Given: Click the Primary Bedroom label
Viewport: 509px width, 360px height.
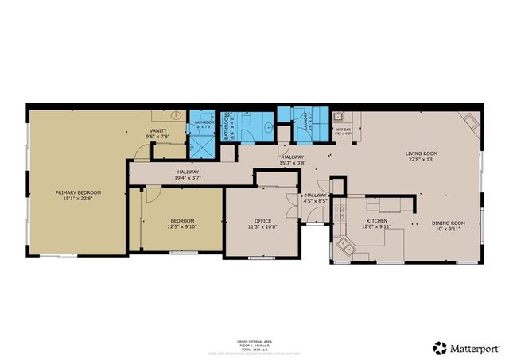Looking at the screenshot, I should click(78, 192).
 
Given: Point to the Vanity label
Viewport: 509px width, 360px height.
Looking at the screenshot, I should click(157, 131).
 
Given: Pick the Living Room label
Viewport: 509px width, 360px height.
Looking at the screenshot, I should click(421, 153).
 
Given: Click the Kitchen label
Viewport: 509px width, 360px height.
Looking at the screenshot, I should click(376, 221).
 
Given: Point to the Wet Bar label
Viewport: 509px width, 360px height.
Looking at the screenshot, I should click(343, 129).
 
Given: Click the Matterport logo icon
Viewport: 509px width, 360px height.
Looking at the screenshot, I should click(439, 347).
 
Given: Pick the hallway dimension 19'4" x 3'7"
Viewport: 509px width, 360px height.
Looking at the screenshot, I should click(188, 178).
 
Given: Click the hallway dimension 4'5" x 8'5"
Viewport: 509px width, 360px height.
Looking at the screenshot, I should click(316, 201).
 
